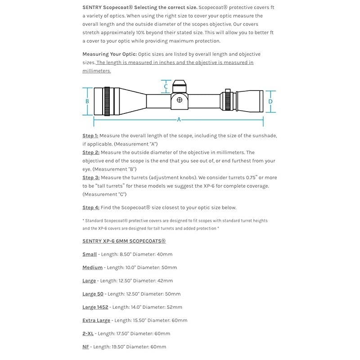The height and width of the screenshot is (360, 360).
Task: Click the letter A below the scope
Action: [x=179, y=120]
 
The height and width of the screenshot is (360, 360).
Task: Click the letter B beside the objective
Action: [x=87, y=101]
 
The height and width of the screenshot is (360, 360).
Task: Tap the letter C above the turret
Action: [x=166, y=86]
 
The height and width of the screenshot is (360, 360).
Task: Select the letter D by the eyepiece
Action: [x=270, y=102]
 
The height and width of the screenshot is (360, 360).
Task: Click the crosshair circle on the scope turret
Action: [x=179, y=99]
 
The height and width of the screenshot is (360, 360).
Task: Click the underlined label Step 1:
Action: [x=90, y=135]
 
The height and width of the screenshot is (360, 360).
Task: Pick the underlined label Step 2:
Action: [x=90, y=153]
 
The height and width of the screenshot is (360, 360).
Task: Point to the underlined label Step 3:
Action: [x=90, y=178]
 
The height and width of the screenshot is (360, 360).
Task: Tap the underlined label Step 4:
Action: [x=90, y=207]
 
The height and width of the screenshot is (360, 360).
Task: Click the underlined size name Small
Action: [x=90, y=254]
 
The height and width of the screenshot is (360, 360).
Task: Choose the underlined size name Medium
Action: [x=92, y=267]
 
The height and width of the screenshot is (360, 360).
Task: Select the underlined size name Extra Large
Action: [x=96, y=320]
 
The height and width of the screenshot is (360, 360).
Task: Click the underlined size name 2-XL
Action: [x=88, y=333]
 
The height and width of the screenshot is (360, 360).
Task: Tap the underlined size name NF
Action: [x=85, y=346]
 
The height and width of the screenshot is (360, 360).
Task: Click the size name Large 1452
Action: [x=95, y=307]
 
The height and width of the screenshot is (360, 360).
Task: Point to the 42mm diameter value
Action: [x=164, y=281]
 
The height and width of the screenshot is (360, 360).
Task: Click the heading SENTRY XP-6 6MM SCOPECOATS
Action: [x=124, y=241]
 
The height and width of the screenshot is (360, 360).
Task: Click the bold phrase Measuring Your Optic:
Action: [x=109, y=54]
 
